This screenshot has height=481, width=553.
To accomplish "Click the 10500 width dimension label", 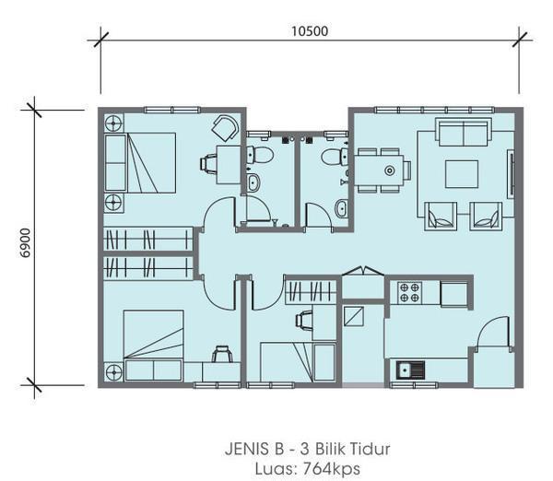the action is coord(310,31).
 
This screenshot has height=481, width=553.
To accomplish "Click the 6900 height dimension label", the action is coord(26,243).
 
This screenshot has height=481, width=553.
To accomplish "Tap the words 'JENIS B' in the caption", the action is coord(254,450).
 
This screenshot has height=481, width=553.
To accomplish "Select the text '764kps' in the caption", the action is coord(332,469).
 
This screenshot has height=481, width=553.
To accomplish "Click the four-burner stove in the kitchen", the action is coord(410,293).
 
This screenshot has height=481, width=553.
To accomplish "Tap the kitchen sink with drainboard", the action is coord(410,370).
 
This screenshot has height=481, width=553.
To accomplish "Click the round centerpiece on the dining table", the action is coord(389,171).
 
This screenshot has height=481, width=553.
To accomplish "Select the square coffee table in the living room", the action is coord(462,174).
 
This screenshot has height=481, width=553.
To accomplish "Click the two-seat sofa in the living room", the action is coord(464,133).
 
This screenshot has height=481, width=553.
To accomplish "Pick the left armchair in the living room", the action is coord(441,217).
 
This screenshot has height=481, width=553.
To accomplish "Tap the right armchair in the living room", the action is coord(486,217).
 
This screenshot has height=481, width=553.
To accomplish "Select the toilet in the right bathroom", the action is coord(334,157).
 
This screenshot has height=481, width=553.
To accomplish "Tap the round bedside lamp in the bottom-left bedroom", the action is coord(114,371).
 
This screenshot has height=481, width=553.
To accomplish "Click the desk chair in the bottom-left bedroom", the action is coord(222,354).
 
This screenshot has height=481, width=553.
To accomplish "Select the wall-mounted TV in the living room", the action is coord(511,174).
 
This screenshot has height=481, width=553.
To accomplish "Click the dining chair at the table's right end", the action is coord(407,170).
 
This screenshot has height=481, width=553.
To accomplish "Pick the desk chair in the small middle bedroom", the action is coord(303,321).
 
